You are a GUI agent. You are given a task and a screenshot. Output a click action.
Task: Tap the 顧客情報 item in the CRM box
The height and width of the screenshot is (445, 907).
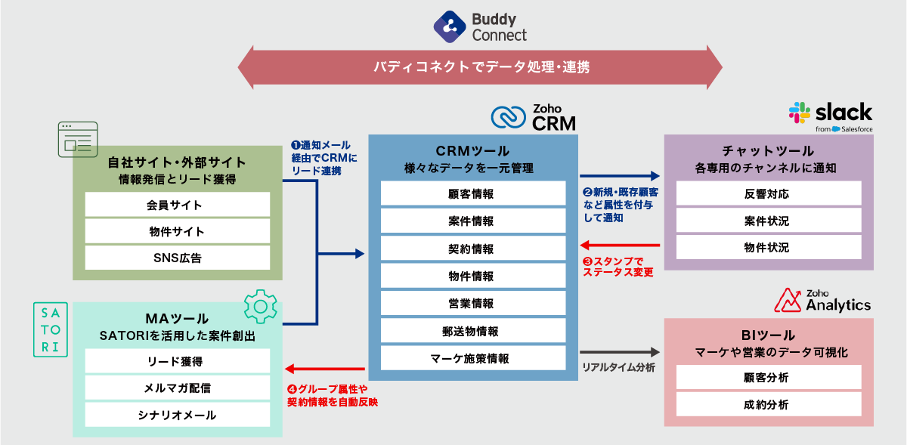click(x=472, y=194)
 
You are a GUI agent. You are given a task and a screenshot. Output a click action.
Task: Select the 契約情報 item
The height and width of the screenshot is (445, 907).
click(x=472, y=249)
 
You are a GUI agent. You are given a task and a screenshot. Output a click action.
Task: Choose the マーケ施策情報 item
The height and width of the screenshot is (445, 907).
click(x=472, y=357)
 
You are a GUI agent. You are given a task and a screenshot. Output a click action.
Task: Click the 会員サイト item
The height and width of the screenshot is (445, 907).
click(x=177, y=205)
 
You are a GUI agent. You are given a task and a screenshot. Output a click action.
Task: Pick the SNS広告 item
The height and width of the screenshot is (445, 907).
click(x=177, y=258)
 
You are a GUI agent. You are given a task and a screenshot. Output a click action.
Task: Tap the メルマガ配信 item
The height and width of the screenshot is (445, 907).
click(x=177, y=388)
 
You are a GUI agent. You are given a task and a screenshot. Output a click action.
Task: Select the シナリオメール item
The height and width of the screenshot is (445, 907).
click(x=177, y=415)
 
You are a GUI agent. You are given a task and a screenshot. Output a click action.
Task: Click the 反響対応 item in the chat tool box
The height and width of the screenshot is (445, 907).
click(x=768, y=194)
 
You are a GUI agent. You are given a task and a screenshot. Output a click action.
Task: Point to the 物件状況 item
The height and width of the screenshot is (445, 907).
click(x=768, y=247)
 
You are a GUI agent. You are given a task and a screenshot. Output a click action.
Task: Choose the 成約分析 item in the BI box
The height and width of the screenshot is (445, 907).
click(x=768, y=404)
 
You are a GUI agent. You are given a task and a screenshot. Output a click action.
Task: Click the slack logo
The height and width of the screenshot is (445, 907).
click(x=831, y=116)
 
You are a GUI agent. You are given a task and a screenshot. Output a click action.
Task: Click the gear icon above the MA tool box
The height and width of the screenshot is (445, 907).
click(x=260, y=306)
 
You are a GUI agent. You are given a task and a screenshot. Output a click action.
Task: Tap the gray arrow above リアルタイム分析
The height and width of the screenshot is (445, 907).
click(x=620, y=352)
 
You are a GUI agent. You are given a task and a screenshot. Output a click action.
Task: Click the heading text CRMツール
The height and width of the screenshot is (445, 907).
click(x=472, y=151)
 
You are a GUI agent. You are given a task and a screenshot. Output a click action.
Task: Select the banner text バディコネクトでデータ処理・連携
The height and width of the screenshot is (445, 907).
click(x=481, y=67)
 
